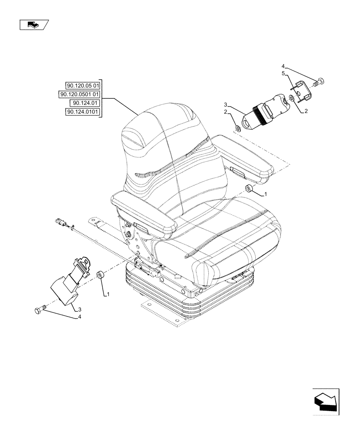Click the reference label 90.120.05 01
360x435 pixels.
83,85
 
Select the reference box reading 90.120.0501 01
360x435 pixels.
79,94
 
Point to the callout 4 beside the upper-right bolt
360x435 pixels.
283,67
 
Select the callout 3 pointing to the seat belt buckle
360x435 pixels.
226,104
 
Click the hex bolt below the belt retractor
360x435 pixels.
38,311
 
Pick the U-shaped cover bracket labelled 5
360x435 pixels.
301,90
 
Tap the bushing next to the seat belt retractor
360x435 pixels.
100,275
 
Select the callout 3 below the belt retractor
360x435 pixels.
80,310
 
